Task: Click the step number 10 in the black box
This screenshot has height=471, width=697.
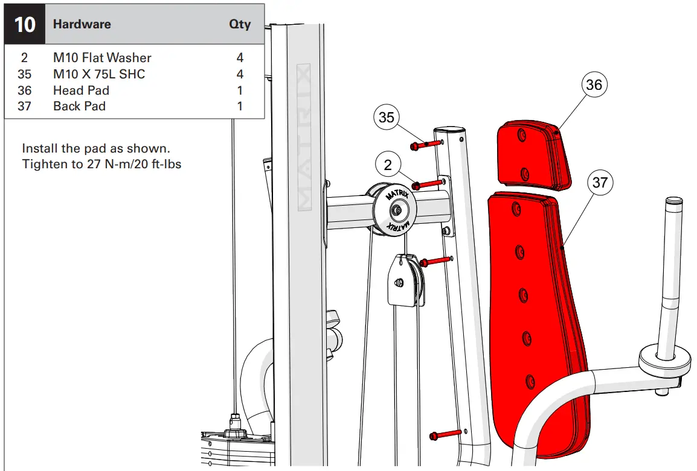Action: [25, 25]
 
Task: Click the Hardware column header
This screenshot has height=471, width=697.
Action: [82, 25]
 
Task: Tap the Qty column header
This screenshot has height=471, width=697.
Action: [240, 25]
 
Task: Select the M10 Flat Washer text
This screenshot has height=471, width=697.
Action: [102, 58]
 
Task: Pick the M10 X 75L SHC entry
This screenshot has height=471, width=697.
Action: [99, 74]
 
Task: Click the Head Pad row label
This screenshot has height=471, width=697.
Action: [81, 90]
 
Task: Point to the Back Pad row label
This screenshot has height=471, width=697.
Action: [79, 106]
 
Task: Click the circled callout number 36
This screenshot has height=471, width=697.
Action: [594, 85]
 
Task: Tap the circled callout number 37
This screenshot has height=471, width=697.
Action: [600, 182]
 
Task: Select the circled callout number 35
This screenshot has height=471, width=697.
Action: [387, 118]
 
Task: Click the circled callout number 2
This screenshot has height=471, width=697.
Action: [387, 165]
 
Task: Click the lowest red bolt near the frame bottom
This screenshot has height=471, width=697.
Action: [445, 434]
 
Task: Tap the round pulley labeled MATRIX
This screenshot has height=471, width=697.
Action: [396, 210]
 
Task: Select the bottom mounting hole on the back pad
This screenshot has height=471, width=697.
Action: [530, 381]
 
